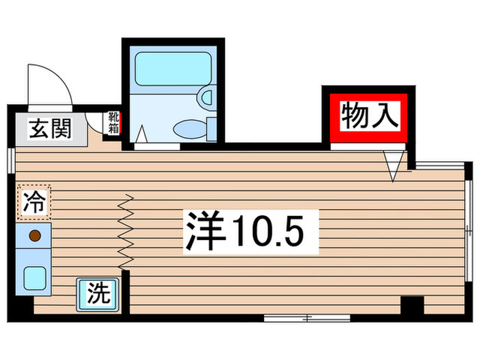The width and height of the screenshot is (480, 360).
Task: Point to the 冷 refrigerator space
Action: (34, 203)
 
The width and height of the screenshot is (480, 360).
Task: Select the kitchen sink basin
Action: (34, 278)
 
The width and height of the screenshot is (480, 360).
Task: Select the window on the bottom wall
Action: (307, 317)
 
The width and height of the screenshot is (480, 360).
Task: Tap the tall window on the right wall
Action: (468, 230)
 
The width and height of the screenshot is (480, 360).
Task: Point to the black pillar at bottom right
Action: (411, 306)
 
